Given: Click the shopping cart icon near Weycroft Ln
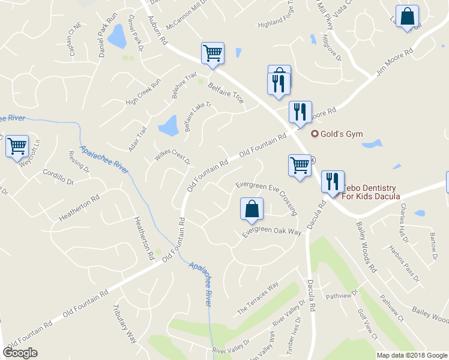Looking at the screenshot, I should (x=17, y=146).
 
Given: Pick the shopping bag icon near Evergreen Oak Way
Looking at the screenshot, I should (x=252, y=209).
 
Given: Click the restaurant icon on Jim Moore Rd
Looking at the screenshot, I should (x=300, y=112).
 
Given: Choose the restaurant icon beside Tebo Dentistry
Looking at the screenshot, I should (x=333, y=182).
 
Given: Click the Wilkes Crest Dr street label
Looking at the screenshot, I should (x=172, y=157).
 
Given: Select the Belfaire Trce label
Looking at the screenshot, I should (x=225, y=93).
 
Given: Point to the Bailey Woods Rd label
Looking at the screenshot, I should (x=366, y=247).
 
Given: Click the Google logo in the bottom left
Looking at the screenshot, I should (x=20, y=352).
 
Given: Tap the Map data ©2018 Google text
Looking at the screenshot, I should (x=411, y=355).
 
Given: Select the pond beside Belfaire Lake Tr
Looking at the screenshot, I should (x=169, y=126).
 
